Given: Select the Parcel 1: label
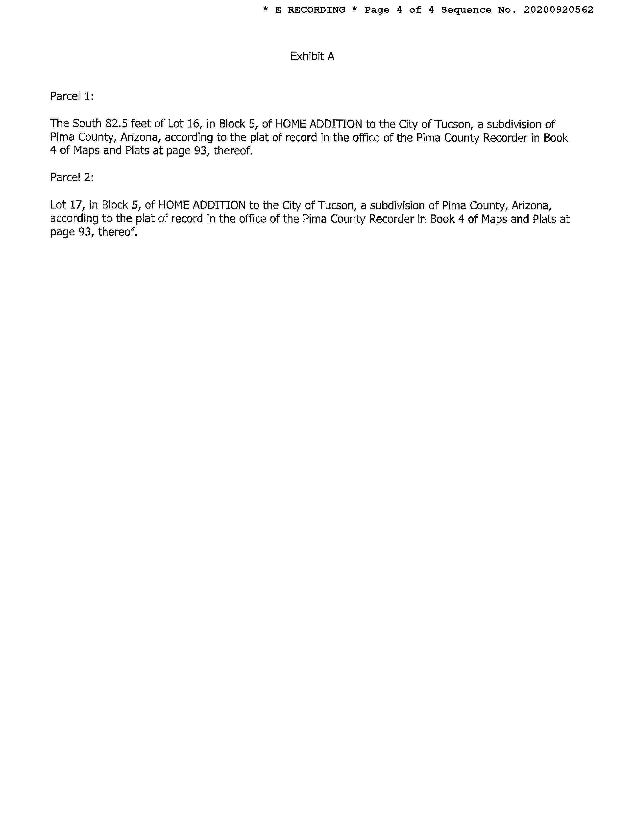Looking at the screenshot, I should coord(72,97).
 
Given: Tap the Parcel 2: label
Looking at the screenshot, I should coord(72,177).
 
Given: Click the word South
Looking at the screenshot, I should coord(87,124).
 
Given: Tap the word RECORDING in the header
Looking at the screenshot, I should coord(316,10).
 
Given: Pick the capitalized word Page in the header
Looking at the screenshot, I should coord(377,10).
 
